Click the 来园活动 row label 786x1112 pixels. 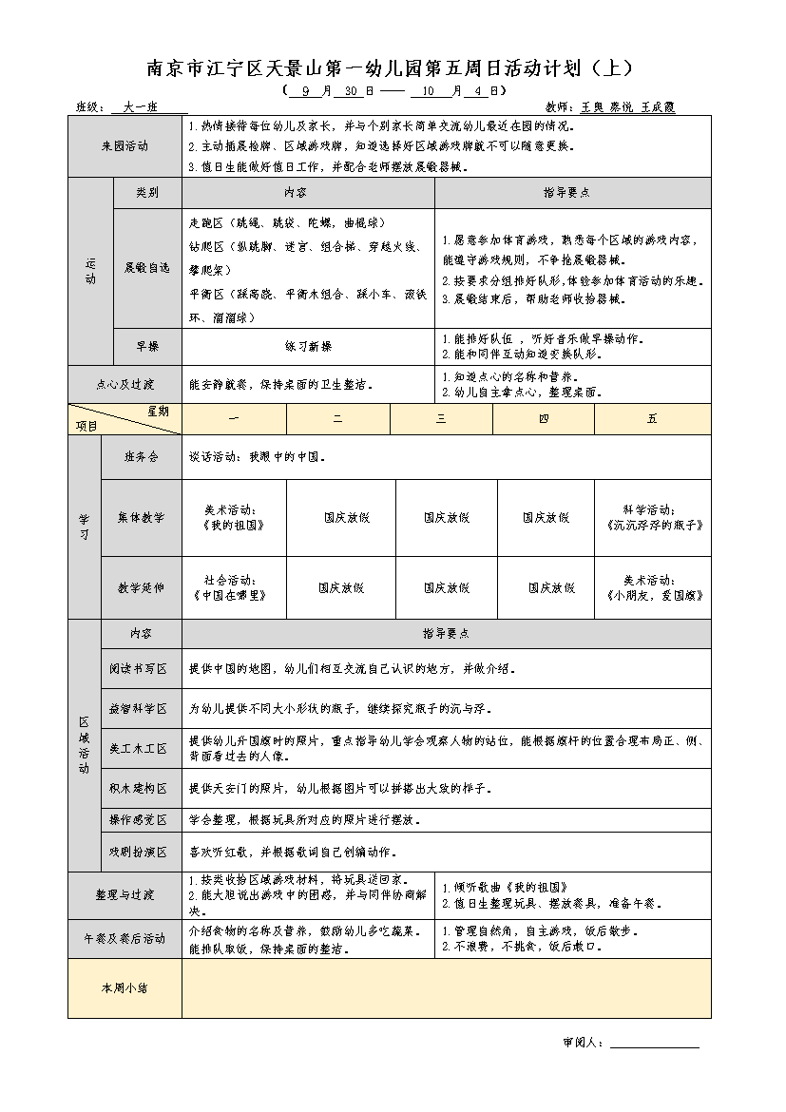pos(125,146)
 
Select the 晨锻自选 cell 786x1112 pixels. pos(146,268)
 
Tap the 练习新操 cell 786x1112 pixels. pos(308,347)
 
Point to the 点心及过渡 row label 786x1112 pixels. pos(125,385)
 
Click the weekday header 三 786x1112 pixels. pos(441,419)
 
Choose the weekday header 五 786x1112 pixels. pos(652,419)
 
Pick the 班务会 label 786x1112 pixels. pos(142,457)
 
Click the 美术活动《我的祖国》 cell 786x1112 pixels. pos(234,517)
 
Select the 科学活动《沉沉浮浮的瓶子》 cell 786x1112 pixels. pos(652,517)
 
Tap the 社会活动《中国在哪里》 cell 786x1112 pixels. pos(234,587)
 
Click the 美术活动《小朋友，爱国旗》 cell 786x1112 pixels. pos(652,587)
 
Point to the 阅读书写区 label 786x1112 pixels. pos(139,669)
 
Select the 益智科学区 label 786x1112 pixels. pos(139,709)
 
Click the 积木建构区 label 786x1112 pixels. pos(139,789)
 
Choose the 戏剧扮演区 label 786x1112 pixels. pos(139,853)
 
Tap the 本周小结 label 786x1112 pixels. pos(125,988)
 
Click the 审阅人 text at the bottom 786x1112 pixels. pos(584,1043)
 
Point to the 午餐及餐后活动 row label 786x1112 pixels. pos(125,939)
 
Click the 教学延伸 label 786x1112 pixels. pos(142,587)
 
